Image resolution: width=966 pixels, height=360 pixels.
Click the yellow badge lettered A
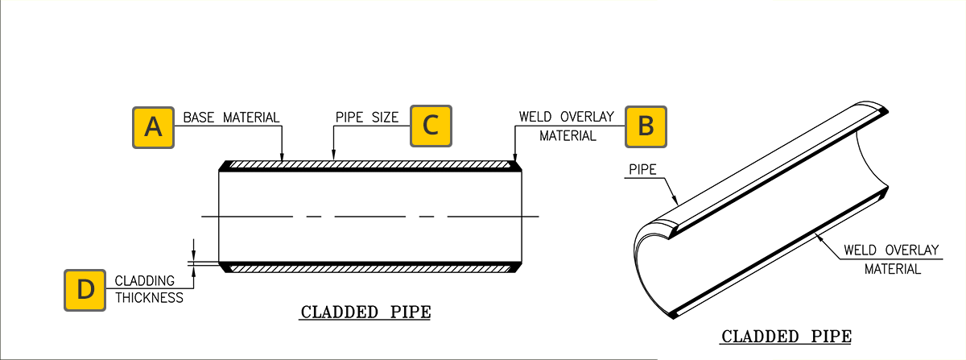pos(154,126)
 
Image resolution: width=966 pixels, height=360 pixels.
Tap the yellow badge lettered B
pos(646,126)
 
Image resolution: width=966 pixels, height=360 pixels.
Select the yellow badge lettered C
pos(431,126)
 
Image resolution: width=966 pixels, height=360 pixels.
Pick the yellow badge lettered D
pos(85,290)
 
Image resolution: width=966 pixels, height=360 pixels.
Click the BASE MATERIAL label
pos(231,118)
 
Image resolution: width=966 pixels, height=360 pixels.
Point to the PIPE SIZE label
pos(366,118)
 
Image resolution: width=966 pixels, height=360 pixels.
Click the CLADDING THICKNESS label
pos(148,289)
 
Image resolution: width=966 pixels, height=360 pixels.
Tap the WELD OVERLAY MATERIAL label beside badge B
pos(567,126)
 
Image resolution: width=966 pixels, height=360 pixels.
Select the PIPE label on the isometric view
pos(641,170)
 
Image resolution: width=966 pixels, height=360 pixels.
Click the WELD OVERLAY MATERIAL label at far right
pos(892,259)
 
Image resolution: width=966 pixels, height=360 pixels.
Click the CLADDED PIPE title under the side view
pos(365,312)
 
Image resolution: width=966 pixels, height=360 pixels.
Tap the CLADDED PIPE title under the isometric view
pos(786,337)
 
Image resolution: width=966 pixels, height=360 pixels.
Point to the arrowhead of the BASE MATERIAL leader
pos(282,158)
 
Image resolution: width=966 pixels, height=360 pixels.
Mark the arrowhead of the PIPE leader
pos(679,201)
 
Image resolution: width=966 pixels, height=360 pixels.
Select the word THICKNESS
pos(149,297)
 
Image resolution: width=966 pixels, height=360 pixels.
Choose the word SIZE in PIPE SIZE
pos(384,118)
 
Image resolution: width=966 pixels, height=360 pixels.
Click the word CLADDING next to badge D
pos(145,281)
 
